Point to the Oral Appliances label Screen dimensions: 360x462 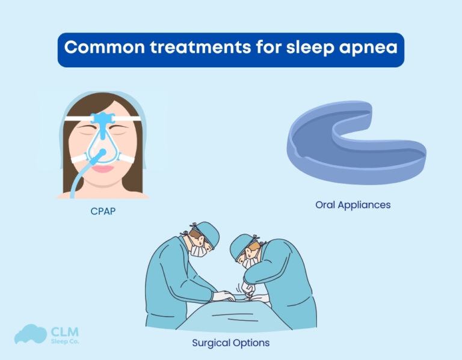(x=353, y=205)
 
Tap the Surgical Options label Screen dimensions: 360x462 (x=230, y=343)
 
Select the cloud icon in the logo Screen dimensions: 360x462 (x=30, y=335)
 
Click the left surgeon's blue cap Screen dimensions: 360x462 (x=208, y=229)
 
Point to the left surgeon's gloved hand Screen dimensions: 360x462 (x=222, y=296)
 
